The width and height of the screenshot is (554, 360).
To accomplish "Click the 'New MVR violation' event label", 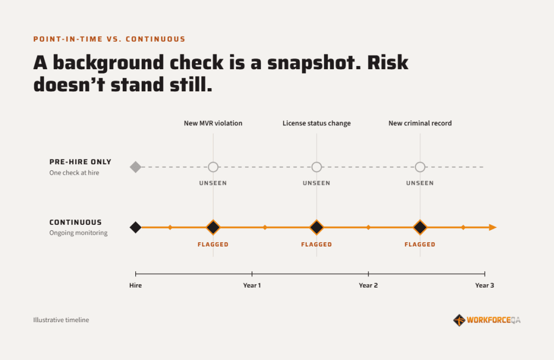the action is pos(213,123).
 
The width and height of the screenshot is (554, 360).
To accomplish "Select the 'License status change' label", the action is pos(316,123).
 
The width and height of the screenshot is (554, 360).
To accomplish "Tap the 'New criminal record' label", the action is pos(420,123).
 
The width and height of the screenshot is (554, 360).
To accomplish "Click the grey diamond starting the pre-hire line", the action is pos(136,167).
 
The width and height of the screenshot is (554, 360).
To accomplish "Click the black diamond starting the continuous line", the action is pos(136,227).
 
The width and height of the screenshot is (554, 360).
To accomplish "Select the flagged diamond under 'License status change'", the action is pos(316,227).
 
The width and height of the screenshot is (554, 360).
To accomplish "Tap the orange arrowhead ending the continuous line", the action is pos(493,227).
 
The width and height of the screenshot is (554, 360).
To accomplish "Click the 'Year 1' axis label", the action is pos(252,285).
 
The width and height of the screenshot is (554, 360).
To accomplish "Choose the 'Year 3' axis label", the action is pos(484,285).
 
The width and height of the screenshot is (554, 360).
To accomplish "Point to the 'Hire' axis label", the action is pos(135,285).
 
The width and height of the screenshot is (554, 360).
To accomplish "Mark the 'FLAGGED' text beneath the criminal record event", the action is pos(420,244).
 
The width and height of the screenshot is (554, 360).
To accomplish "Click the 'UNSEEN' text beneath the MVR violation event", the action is pos(213,183).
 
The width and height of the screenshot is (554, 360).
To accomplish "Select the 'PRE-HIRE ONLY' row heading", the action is pos(80,162).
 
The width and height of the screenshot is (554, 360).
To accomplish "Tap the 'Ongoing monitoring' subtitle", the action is pos(78,233).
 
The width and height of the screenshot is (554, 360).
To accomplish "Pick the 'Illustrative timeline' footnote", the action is pos(61,320).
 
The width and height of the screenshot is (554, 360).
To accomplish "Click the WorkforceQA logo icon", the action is pos(459,320).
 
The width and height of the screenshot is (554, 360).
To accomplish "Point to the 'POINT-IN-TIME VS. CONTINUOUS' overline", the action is pos(109,39).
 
